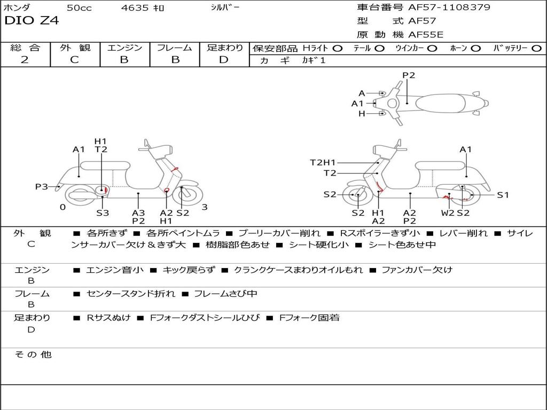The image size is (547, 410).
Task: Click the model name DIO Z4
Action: pyautogui.click(x=32, y=21)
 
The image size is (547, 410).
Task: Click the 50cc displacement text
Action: pyautogui.click(x=79, y=8)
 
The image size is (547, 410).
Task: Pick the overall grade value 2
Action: pyautogui.click(x=25, y=60)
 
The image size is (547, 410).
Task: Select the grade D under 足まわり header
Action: pyautogui.click(x=224, y=60)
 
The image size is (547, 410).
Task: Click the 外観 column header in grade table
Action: pyautogui.click(x=75, y=48)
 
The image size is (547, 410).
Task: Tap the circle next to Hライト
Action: pyautogui.click(x=337, y=48)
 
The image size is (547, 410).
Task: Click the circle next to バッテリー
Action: pyautogui.click(x=536, y=48)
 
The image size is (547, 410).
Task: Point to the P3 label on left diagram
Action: pyautogui.click(x=42, y=187)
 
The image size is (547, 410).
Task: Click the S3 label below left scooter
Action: pyautogui.click(x=103, y=213)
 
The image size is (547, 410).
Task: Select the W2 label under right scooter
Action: pyautogui.click(x=448, y=213)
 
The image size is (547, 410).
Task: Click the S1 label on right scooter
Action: pyautogui.click(x=503, y=195)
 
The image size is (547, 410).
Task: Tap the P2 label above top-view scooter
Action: pyautogui.click(x=409, y=75)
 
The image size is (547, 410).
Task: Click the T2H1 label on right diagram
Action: pyautogui.click(x=323, y=162)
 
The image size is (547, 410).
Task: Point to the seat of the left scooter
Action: pyautogui.click(x=104, y=165)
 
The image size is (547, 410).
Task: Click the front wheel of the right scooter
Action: pyautogui.click(x=357, y=195)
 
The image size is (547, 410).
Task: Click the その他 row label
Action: pyautogui.click(x=33, y=354)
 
